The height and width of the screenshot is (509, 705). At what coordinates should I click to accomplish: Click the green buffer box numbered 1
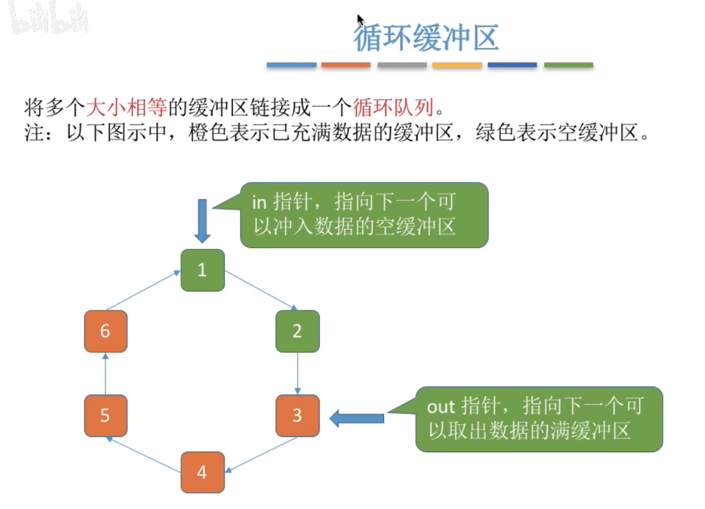202,270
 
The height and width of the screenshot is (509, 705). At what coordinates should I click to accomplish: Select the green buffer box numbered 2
297,331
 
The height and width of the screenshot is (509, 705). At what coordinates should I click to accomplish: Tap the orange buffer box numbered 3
297,415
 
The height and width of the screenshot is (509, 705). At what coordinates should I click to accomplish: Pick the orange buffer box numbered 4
202,472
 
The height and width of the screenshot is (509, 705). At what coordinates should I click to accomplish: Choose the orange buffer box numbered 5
106,415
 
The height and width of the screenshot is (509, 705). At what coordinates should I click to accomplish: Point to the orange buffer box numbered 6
106,331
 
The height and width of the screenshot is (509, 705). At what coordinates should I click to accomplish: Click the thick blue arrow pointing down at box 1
202,221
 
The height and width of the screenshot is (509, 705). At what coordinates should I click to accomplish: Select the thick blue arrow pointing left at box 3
357,418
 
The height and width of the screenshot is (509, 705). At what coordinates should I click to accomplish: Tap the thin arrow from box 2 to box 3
297,374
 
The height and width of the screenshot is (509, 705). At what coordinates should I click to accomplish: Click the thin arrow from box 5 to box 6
106,374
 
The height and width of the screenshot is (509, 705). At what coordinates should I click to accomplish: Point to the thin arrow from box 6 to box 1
144,290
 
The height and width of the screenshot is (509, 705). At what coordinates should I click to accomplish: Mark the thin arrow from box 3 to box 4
261,455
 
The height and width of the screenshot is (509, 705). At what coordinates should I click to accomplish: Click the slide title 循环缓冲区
426,38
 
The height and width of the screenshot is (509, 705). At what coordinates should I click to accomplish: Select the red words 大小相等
126,107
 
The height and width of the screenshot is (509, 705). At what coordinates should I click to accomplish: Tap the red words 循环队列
394,107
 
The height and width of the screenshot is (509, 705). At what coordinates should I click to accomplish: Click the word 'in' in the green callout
260,202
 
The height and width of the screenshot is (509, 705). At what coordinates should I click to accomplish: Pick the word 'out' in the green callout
441,407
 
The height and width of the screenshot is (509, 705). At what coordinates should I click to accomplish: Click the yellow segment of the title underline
457,65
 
